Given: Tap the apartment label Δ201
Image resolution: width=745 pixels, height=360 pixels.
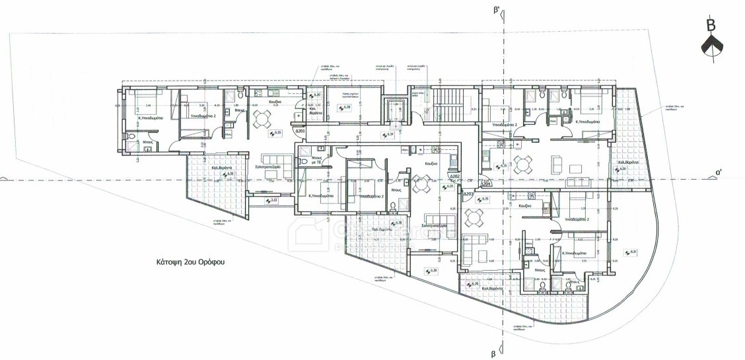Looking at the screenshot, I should (300, 131).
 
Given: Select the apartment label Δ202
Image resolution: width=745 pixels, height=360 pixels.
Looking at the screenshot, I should (454, 177).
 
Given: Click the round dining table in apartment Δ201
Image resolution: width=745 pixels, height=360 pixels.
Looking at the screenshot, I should (262, 118).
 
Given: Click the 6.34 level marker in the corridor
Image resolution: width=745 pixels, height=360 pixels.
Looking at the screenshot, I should (390, 135).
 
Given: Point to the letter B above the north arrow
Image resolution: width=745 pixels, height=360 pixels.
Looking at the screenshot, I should (711, 26).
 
